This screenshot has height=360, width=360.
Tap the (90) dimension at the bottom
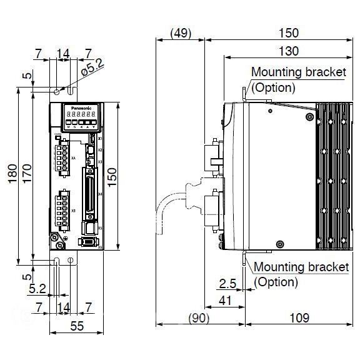[x=199, y=318]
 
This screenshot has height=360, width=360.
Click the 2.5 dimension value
[x=229, y=283]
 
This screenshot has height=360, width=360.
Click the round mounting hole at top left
[x=57, y=92]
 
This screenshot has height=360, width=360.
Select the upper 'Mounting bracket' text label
[x=298, y=72]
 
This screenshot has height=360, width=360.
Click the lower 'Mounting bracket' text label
[x=301, y=267]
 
